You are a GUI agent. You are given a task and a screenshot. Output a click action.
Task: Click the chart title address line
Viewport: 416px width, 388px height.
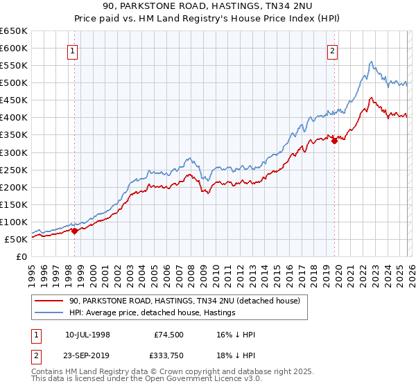(x=208, y=6)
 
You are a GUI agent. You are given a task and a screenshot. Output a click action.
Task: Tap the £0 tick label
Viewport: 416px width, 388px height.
(x=21, y=257)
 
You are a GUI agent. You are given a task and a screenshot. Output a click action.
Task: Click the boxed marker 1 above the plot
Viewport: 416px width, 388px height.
(x=73, y=50)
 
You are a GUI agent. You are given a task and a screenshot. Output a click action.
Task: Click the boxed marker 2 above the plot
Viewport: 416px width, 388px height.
(x=333, y=50)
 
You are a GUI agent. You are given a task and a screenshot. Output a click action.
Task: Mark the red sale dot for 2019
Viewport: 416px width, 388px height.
(x=334, y=141)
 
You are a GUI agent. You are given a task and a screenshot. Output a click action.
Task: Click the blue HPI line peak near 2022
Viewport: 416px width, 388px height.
(x=372, y=62)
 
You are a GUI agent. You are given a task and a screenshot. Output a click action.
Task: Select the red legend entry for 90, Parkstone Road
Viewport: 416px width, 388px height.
(x=184, y=301)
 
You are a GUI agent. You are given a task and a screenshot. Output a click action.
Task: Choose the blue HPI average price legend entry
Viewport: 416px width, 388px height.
(x=152, y=312)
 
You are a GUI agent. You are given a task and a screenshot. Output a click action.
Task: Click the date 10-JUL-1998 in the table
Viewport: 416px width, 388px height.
(x=87, y=335)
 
